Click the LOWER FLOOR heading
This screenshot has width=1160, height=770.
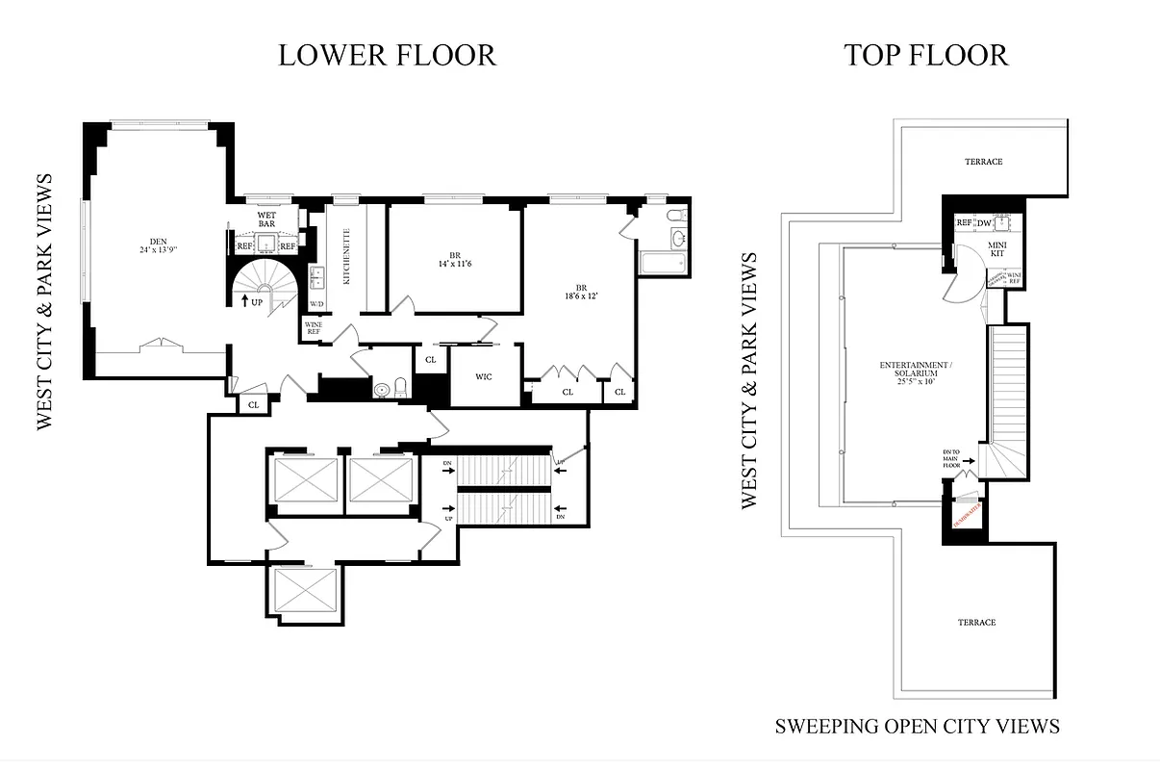click(387, 55)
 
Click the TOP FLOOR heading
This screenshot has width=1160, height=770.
click(925, 55)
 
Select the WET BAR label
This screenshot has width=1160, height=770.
click(266, 218)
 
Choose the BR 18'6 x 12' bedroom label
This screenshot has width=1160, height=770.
click(581, 294)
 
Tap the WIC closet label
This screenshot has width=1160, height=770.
click(484, 376)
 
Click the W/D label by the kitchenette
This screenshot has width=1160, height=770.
click(315, 305)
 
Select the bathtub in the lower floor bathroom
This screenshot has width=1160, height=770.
click(661, 262)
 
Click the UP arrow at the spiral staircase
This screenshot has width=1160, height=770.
click(251, 301)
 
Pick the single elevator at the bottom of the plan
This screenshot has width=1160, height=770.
click(306, 588)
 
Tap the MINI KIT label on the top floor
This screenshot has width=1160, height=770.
click(996, 248)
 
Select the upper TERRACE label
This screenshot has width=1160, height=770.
click(983, 162)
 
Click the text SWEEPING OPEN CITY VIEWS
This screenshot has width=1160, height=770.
click(917, 726)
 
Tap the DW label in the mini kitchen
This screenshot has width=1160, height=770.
click(984, 223)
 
